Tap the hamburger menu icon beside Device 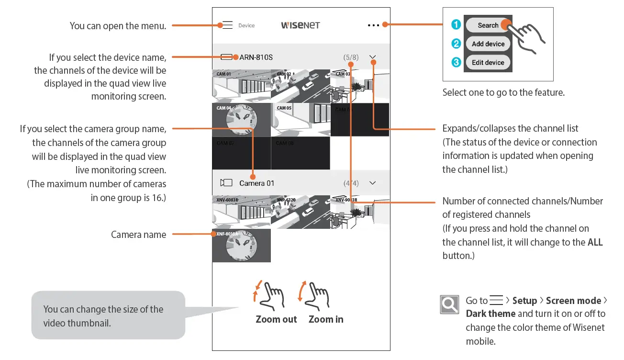click(227, 25)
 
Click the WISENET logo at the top click(300, 25)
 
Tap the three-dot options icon click(373, 25)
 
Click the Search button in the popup click(488, 25)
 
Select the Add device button click(488, 44)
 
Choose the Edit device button click(488, 63)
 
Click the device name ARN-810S click(256, 57)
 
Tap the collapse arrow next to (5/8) click(373, 57)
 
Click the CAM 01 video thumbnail click(241, 86)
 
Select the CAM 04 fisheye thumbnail click(241, 120)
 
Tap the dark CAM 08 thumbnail click(300, 153)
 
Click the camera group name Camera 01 click(256, 183)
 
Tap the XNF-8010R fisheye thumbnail click(241, 246)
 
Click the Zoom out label click(276, 319)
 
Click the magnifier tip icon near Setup click(449, 304)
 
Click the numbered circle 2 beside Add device click(456, 44)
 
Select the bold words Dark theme click(490, 314)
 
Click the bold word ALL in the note click(595, 242)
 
